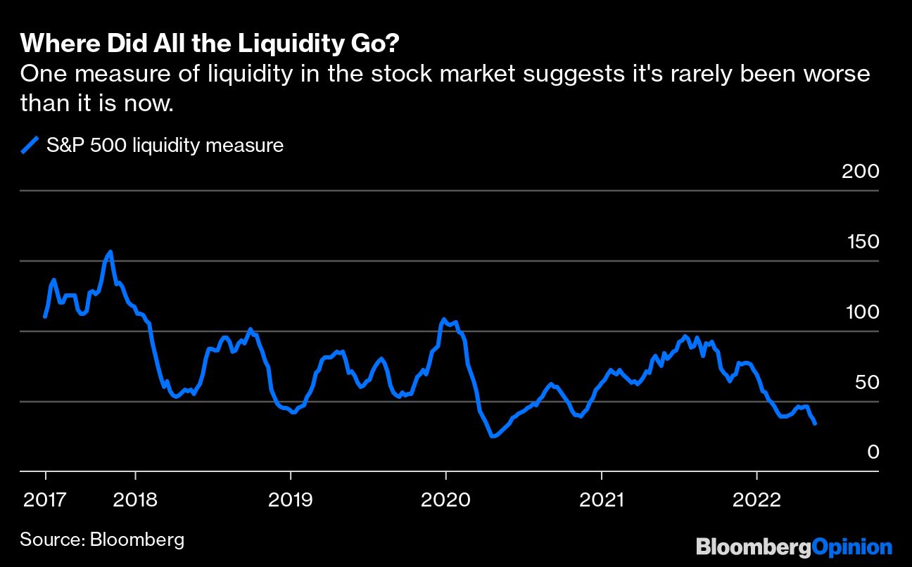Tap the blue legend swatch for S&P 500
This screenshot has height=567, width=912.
30,146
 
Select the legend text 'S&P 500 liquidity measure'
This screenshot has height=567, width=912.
165,146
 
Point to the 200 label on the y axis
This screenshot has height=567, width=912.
861,171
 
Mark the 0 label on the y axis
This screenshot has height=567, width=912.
873,452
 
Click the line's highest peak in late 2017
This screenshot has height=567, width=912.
110,252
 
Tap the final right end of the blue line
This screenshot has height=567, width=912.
815,423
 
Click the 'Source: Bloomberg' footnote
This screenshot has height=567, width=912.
102,540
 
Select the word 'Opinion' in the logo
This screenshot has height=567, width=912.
852,546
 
